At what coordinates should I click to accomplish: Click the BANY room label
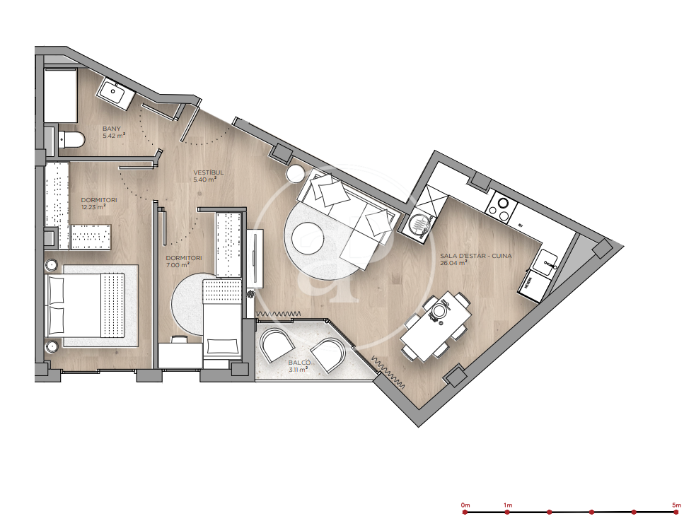point(111,129)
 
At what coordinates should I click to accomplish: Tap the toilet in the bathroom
point(71,139)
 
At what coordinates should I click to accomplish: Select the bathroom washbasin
point(115,93)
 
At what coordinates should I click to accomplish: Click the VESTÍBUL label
point(209,172)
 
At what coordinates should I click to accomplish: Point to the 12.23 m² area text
point(93,207)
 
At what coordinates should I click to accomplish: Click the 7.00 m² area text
point(177,264)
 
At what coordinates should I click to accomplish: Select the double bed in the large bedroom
point(86,305)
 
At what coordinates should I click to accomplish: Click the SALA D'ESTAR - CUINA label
point(475,256)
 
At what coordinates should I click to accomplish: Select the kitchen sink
point(545,263)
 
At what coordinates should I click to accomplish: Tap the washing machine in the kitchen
point(418,226)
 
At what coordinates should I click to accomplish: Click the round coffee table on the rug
point(308,238)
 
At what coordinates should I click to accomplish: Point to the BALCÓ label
point(299,363)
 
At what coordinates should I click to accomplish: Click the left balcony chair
point(276,345)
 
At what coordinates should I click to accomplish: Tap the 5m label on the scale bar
point(676,505)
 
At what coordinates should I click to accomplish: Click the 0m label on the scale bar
point(465,505)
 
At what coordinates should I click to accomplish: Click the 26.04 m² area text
point(453,263)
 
